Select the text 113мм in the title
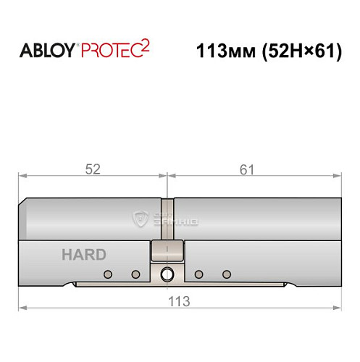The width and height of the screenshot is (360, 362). [x=223, y=52]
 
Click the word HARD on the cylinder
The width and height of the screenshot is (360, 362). [x=83, y=254]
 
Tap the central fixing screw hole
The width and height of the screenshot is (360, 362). [x=168, y=274]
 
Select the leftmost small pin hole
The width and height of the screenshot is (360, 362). [x=108, y=274]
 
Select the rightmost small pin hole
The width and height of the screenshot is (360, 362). [x=227, y=274]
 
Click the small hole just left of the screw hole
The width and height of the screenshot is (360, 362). [x=135, y=274]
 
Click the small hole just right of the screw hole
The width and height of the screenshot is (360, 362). [x=199, y=274]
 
